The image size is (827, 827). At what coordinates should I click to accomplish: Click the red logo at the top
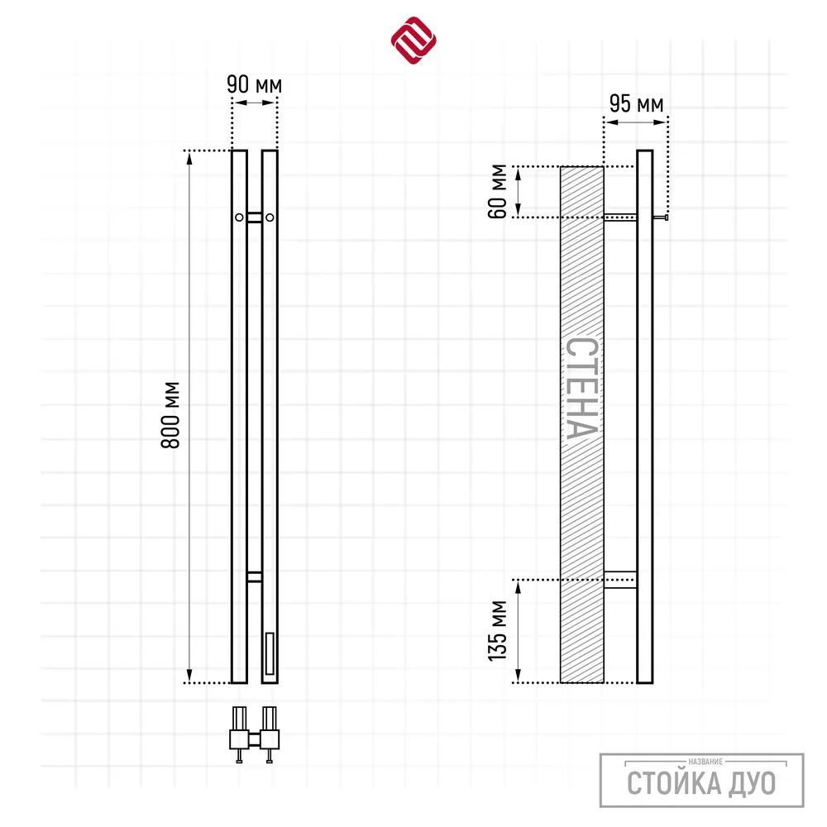[x=413, y=40]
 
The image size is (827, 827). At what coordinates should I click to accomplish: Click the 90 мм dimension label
[x=254, y=84]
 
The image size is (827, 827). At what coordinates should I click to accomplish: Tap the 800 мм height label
[x=171, y=415]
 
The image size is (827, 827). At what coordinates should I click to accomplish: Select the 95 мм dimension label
[x=636, y=103]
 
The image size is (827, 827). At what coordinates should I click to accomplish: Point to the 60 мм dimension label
[x=498, y=192]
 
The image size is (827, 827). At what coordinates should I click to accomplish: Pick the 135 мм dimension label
[x=498, y=631]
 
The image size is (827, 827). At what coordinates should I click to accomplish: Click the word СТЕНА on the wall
[x=582, y=389]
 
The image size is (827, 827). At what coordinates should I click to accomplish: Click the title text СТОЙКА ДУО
[x=701, y=782]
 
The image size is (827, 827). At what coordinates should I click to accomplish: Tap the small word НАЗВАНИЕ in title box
[x=705, y=762]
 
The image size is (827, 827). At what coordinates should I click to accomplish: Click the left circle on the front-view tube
[x=239, y=218]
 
